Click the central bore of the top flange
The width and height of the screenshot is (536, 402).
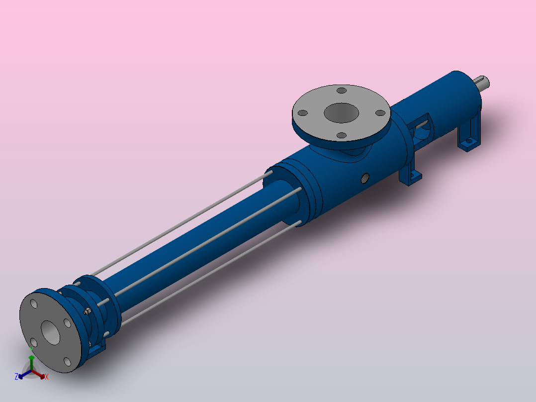point(341,113)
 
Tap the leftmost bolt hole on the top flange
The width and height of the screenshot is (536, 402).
point(303,113)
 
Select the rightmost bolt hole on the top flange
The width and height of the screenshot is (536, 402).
point(380,113)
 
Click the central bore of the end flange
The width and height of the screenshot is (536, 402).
point(51,332)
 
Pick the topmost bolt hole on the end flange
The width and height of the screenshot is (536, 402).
point(34,303)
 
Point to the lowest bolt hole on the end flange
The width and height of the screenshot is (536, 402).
point(67,362)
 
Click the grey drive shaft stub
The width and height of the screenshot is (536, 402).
point(481,84)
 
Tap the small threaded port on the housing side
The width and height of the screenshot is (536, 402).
point(365,178)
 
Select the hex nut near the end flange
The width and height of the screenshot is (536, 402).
point(87,311)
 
